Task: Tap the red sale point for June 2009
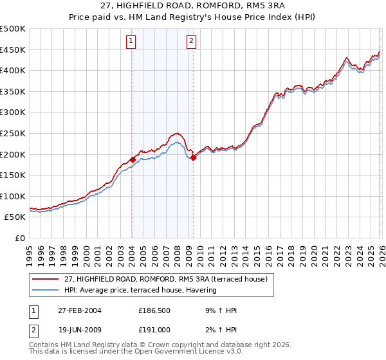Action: [x=193, y=157]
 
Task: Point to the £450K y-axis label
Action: [x=13, y=50]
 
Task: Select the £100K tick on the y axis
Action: [x=13, y=196]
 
